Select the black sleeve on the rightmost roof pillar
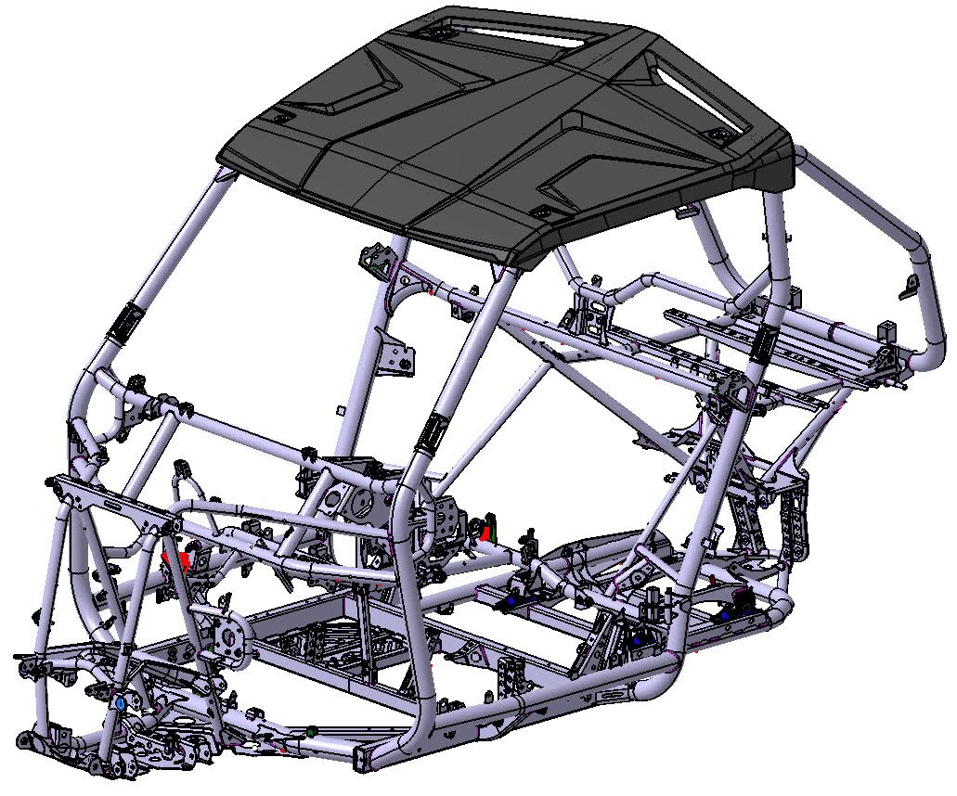[x=765, y=345]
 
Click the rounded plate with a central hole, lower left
[x=229, y=634]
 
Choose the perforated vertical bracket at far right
[x=795, y=520]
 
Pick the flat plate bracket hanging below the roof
[x=398, y=354]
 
